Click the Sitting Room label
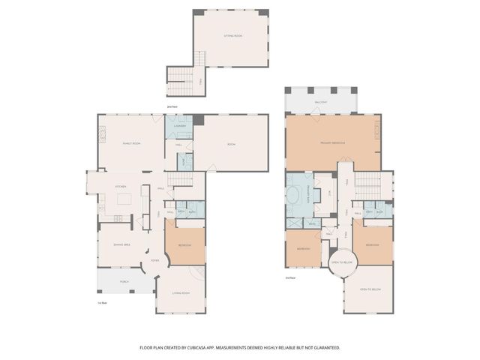pos(232,36)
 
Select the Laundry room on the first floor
pos(179,127)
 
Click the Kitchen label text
pos(120,187)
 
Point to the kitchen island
pos(125,199)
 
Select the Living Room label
pos(180,293)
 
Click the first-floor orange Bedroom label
pos(184,246)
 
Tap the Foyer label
pos(154,260)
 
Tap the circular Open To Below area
pos(342,262)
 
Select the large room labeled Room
pos(232,143)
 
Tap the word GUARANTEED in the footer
pos(324,348)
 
